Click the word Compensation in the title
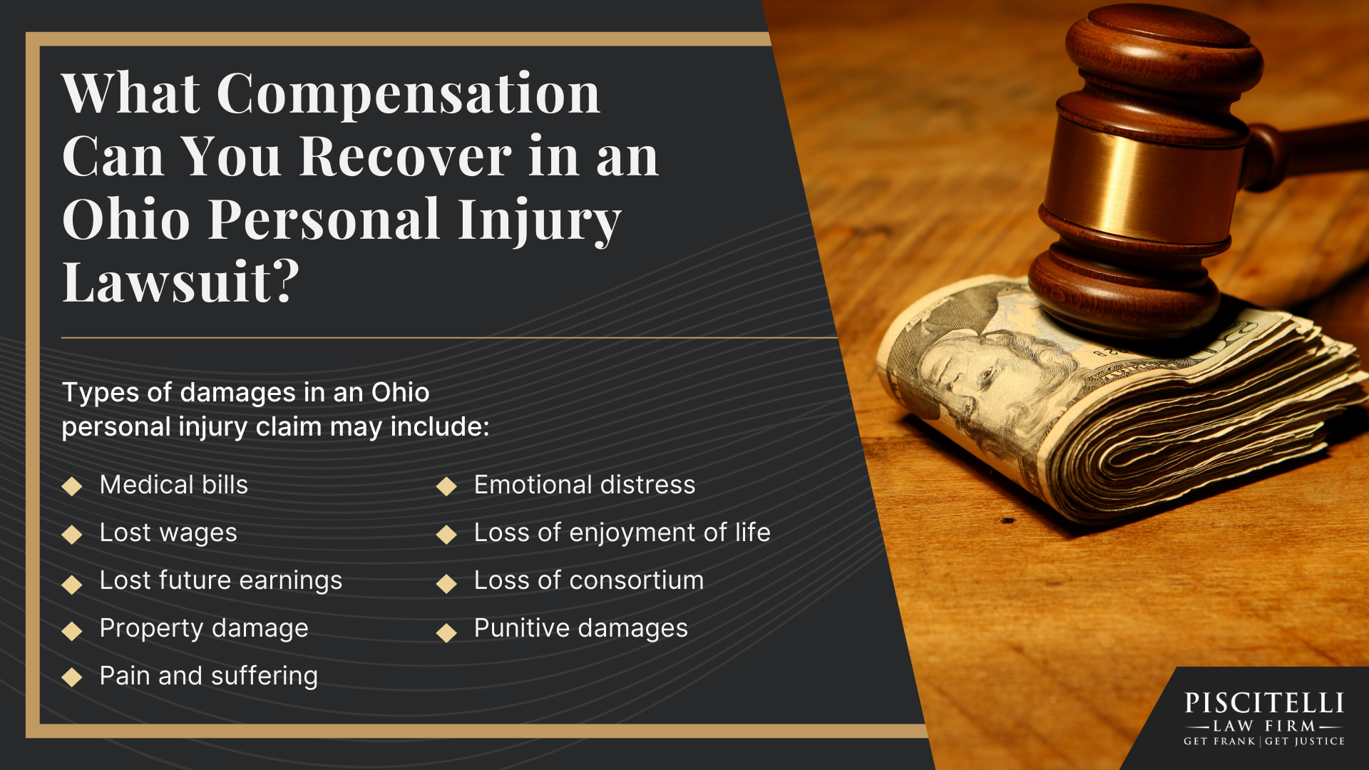click(x=408, y=94)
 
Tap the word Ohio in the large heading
click(x=126, y=220)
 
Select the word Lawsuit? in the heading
click(x=180, y=282)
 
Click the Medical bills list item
click(x=173, y=485)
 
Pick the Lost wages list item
click(x=168, y=533)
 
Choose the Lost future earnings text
click(x=220, y=580)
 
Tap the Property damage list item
click(x=203, y=628)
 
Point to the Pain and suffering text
click(x=208, y=676)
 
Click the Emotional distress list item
click(x=584, y=485)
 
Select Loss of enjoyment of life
click(x=622, y=533)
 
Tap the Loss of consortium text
click(x=588, y=580)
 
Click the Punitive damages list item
click(x=580, y=628)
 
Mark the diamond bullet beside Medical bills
click(x=72, y=486)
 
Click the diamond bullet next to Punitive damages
click(x=446, y=632)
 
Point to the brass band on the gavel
click(x=1141, y=178)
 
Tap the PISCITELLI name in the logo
click(x=1263, y=704)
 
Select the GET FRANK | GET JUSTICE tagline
click(x=1263, y=741)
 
